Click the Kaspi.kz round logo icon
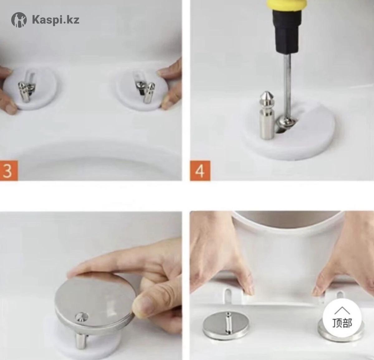pos(19,20)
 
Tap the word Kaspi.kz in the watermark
pos(56,20)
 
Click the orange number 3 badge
pos(9,171)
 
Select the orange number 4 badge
pos(200,171)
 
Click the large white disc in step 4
pos(288,132)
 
